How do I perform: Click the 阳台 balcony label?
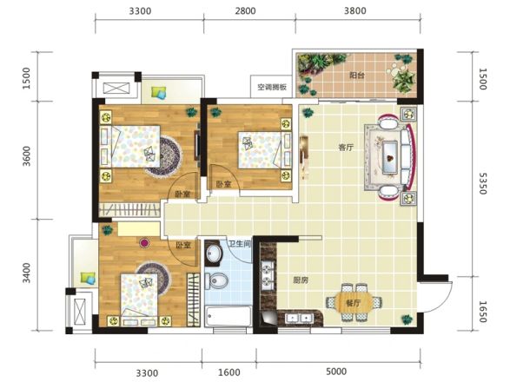[x=356, y=76]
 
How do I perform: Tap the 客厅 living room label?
[x=346, y=148]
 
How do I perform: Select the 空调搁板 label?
[x=272, y=87]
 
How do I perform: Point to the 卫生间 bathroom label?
[x=240, y=244]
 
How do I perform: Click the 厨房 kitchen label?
[x=301, y=280]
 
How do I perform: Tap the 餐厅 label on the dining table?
[x=354, y=303]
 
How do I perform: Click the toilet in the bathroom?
[x=216, y=280]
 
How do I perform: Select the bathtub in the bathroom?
[x=229, y=316]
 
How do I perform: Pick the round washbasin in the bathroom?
[x=214, y=253]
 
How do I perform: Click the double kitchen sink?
[x=298, y=318]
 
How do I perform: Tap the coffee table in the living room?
[x=389, y=157]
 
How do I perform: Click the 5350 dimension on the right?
[x=483, y=183]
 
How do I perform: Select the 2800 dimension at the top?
[x=245, y=11]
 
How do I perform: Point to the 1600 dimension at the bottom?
[x=229, y=372]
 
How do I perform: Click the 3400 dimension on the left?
[x=27, y=273]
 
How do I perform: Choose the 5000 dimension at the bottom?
[x=336, y=372]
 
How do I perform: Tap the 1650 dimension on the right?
[x=483, y=312]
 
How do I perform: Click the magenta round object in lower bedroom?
[x=143, y=242]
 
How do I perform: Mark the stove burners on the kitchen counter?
[x=268, y=273]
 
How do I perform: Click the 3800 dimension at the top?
[x=355, y=11]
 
